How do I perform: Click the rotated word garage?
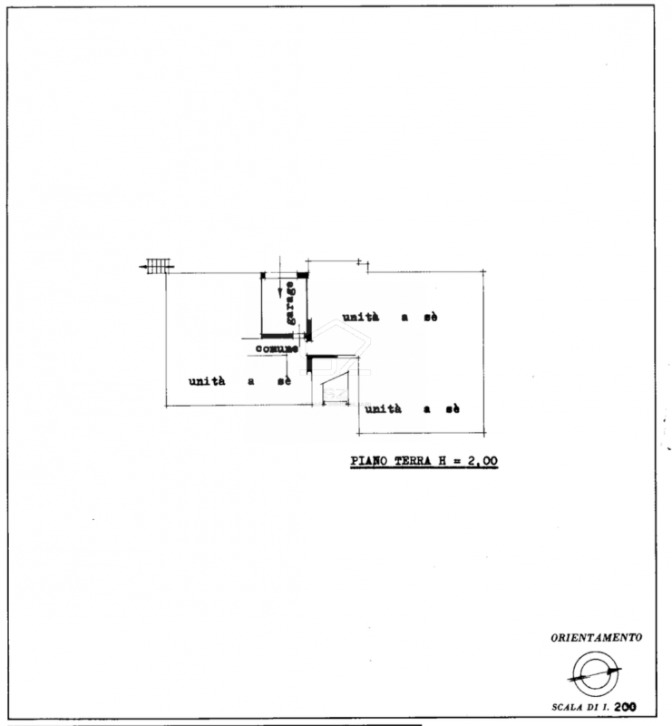pos(290,303)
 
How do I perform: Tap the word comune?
pos(277,348)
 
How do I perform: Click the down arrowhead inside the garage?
pos(279,292)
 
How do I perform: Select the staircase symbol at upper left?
pos(157,266)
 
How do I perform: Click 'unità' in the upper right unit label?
pos(361,317)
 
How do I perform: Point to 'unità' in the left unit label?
pos(207,380)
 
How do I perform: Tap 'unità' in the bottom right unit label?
pos(384,408)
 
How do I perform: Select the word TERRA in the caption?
pos(413,461)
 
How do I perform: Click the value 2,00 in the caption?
pos(482,461)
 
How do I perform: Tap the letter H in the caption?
pos(442,461)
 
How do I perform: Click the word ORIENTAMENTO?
pos(596,638)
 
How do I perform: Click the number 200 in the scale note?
pos(625,707)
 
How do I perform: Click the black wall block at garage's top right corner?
pos(302,275)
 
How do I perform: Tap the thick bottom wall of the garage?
pos(278,336)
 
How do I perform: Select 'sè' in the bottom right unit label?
pos(453,409)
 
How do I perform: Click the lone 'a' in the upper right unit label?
pos(405,318)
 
